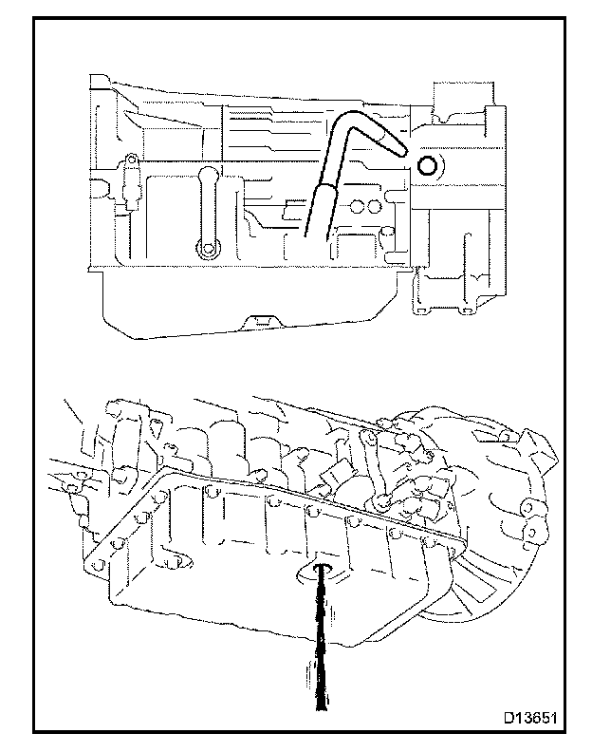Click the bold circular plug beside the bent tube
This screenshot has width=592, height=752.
pyautogui.click(x=428, y=167)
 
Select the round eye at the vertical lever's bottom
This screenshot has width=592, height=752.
pyautogui.click(x=206, y=250)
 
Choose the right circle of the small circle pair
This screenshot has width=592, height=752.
pyautogui.click(x=372, y=205)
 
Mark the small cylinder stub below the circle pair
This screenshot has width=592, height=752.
pyautogui.click(x=387, y=234)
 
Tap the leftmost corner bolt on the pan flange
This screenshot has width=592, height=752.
pyautogui.click(x=96, y=562)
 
